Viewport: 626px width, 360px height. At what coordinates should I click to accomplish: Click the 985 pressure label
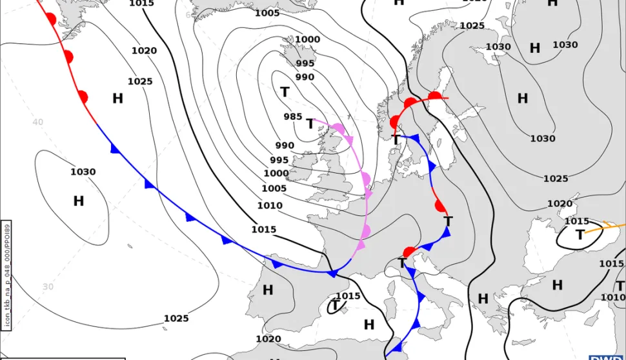click(293, 117)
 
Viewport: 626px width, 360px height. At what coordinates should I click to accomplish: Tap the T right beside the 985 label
click(310, 123)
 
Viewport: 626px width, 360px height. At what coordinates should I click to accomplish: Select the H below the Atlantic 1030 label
click(78, 201)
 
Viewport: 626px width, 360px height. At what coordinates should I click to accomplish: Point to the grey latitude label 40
click(38, 122)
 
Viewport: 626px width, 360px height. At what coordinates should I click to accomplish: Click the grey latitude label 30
click(48, 286)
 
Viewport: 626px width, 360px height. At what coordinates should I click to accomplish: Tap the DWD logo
click(607, 357)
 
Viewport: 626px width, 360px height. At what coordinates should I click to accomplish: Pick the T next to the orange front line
click(580, 235)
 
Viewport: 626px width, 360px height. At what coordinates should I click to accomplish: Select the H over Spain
click(268, 290)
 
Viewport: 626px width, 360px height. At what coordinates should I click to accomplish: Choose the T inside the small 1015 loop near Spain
click(335, 305)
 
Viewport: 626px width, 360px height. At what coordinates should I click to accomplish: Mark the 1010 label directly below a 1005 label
click(270, 206)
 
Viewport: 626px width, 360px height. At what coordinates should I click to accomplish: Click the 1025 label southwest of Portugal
click(176, 319)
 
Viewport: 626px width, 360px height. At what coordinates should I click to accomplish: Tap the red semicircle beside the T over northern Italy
click(409, 252)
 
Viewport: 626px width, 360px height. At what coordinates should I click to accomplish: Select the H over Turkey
click(557, 285)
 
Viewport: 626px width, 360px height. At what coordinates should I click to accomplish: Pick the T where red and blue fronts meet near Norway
click(396, 139)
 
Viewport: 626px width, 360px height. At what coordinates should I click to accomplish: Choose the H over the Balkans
click(483, 299)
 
